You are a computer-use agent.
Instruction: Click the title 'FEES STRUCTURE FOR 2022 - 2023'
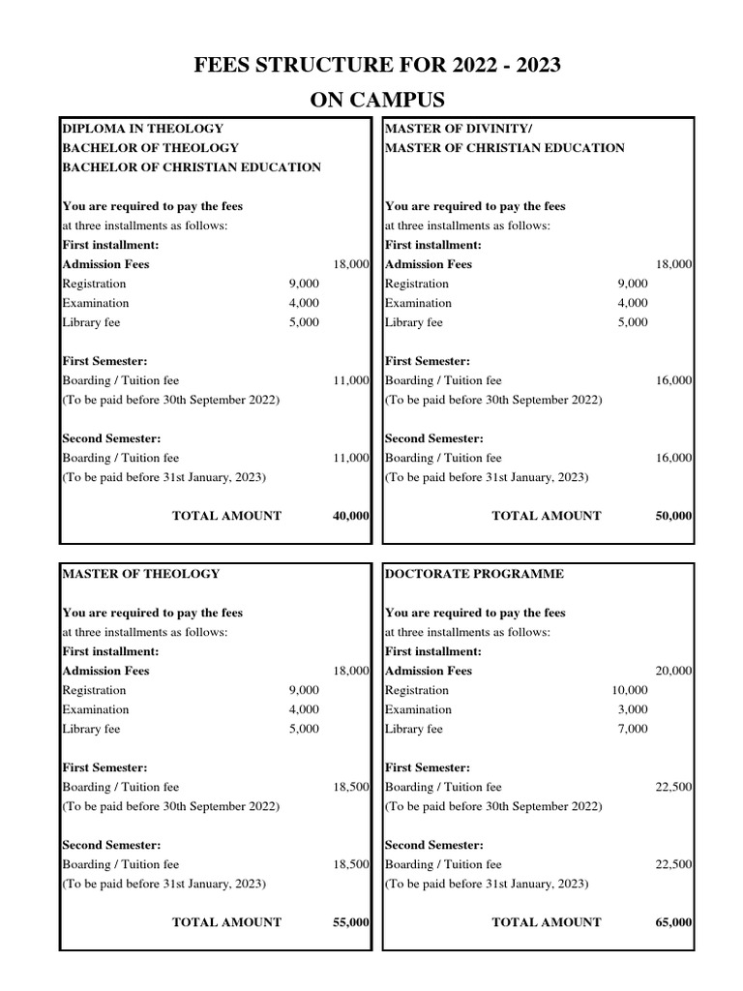coord(377,66)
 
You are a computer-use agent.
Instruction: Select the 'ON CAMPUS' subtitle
coord(377,100)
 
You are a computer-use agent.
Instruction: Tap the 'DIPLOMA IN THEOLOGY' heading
coord(143,129)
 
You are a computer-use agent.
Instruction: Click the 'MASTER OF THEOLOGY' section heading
coord(141,574)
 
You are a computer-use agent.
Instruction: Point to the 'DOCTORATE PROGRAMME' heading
coord(474,574)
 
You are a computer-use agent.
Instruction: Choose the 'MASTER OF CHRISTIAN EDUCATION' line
coord(505,148)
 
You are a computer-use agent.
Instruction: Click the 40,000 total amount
coord(350,516)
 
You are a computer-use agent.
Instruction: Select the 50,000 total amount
coord(673,516)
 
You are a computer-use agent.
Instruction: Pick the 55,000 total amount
coord(350,922)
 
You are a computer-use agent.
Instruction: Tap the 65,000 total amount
coord(673,922)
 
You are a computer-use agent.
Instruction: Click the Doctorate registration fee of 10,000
coord(629,690)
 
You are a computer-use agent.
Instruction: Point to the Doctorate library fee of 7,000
coord(633,729)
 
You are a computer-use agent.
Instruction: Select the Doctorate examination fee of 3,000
coord(633,709)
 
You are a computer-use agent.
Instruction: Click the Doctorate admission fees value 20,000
coord(673,671)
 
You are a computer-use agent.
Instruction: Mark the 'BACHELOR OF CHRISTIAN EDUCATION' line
coord(192,167)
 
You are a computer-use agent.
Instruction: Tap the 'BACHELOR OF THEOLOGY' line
coord(150,148)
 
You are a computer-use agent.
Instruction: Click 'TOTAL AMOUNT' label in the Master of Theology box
coord(226,922)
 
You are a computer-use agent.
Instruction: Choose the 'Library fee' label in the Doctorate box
coord(413,729)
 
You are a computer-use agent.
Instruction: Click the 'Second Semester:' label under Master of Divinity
coord(434,438)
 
